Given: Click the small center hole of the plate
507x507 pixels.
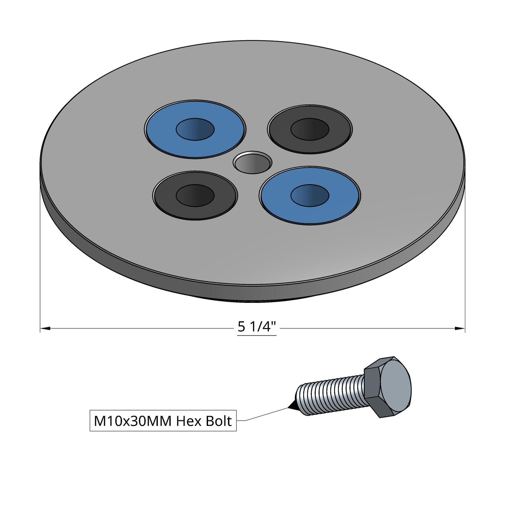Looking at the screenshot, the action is point(253,162).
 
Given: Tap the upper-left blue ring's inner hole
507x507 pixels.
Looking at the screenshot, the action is point(195,129).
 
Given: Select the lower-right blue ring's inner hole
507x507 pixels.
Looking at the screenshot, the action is point(310,195).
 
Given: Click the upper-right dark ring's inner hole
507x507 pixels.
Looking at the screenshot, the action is point(310,129).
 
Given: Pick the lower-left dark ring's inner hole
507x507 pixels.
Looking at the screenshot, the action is point(195,195).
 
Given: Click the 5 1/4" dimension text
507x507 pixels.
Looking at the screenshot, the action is point(256,327).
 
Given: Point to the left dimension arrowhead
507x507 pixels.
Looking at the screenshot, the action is point(45,328).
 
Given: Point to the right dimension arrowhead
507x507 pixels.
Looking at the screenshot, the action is point(460,328).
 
